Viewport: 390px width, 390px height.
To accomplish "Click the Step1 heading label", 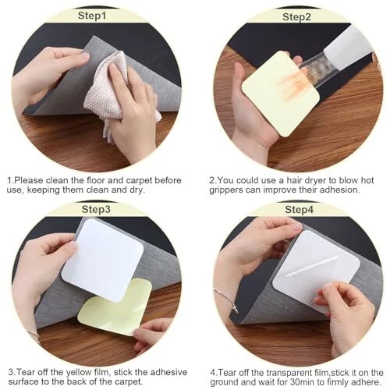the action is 92,16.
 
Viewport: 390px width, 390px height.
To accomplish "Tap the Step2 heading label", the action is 296,17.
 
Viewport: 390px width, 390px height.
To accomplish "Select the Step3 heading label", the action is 96,209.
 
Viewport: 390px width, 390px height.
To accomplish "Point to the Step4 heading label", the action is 300,210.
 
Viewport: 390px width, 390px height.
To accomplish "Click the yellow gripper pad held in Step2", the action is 281,94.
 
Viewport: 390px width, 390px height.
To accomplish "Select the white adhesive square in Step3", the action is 103,260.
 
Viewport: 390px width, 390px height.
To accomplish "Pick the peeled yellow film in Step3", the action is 115,307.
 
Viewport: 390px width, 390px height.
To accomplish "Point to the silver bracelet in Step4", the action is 225,299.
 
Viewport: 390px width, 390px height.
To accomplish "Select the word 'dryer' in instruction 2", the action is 324,180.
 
